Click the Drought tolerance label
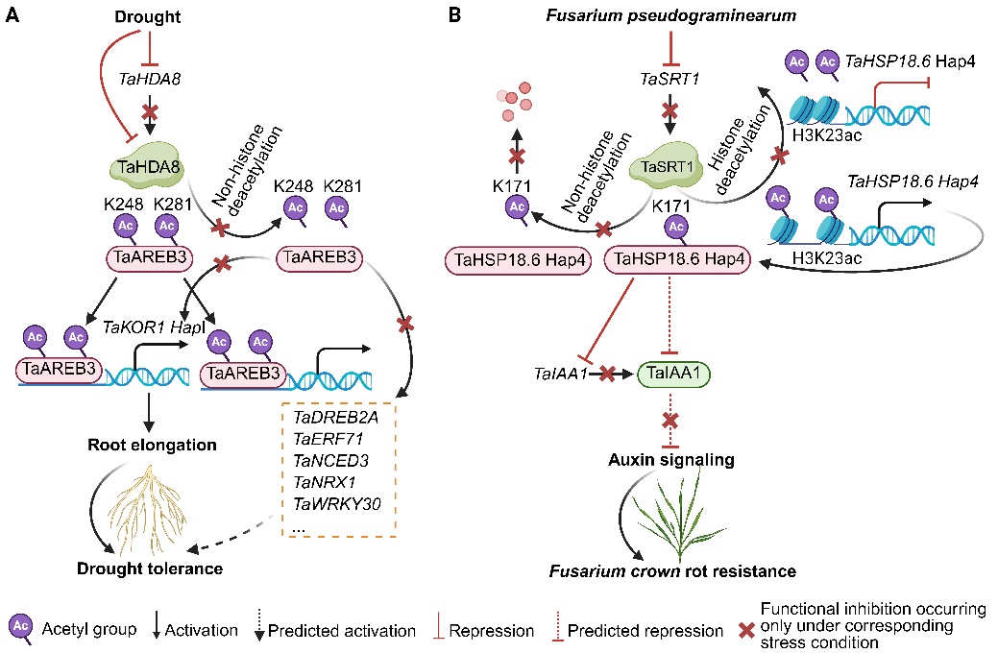[x=151, y=568]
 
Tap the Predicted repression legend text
[x=645, y=631]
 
